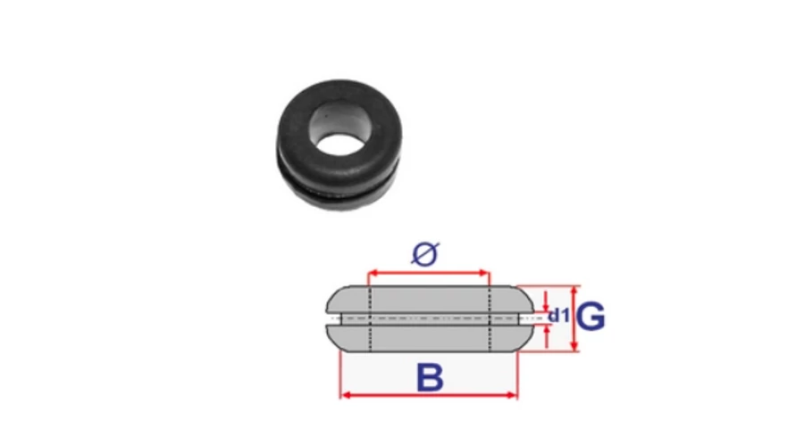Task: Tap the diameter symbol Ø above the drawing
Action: click(x=425, y=254)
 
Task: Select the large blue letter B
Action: click(x=430, y=377)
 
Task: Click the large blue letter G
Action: click(x=590, y=317)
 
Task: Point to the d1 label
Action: click(x=558, y=315)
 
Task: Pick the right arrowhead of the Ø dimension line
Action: click(x=484, y=273)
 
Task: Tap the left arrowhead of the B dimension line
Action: click(x=346, y=395)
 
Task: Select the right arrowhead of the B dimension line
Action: click(x=512, y=395)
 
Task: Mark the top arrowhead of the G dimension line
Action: click(x=574, y=291)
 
